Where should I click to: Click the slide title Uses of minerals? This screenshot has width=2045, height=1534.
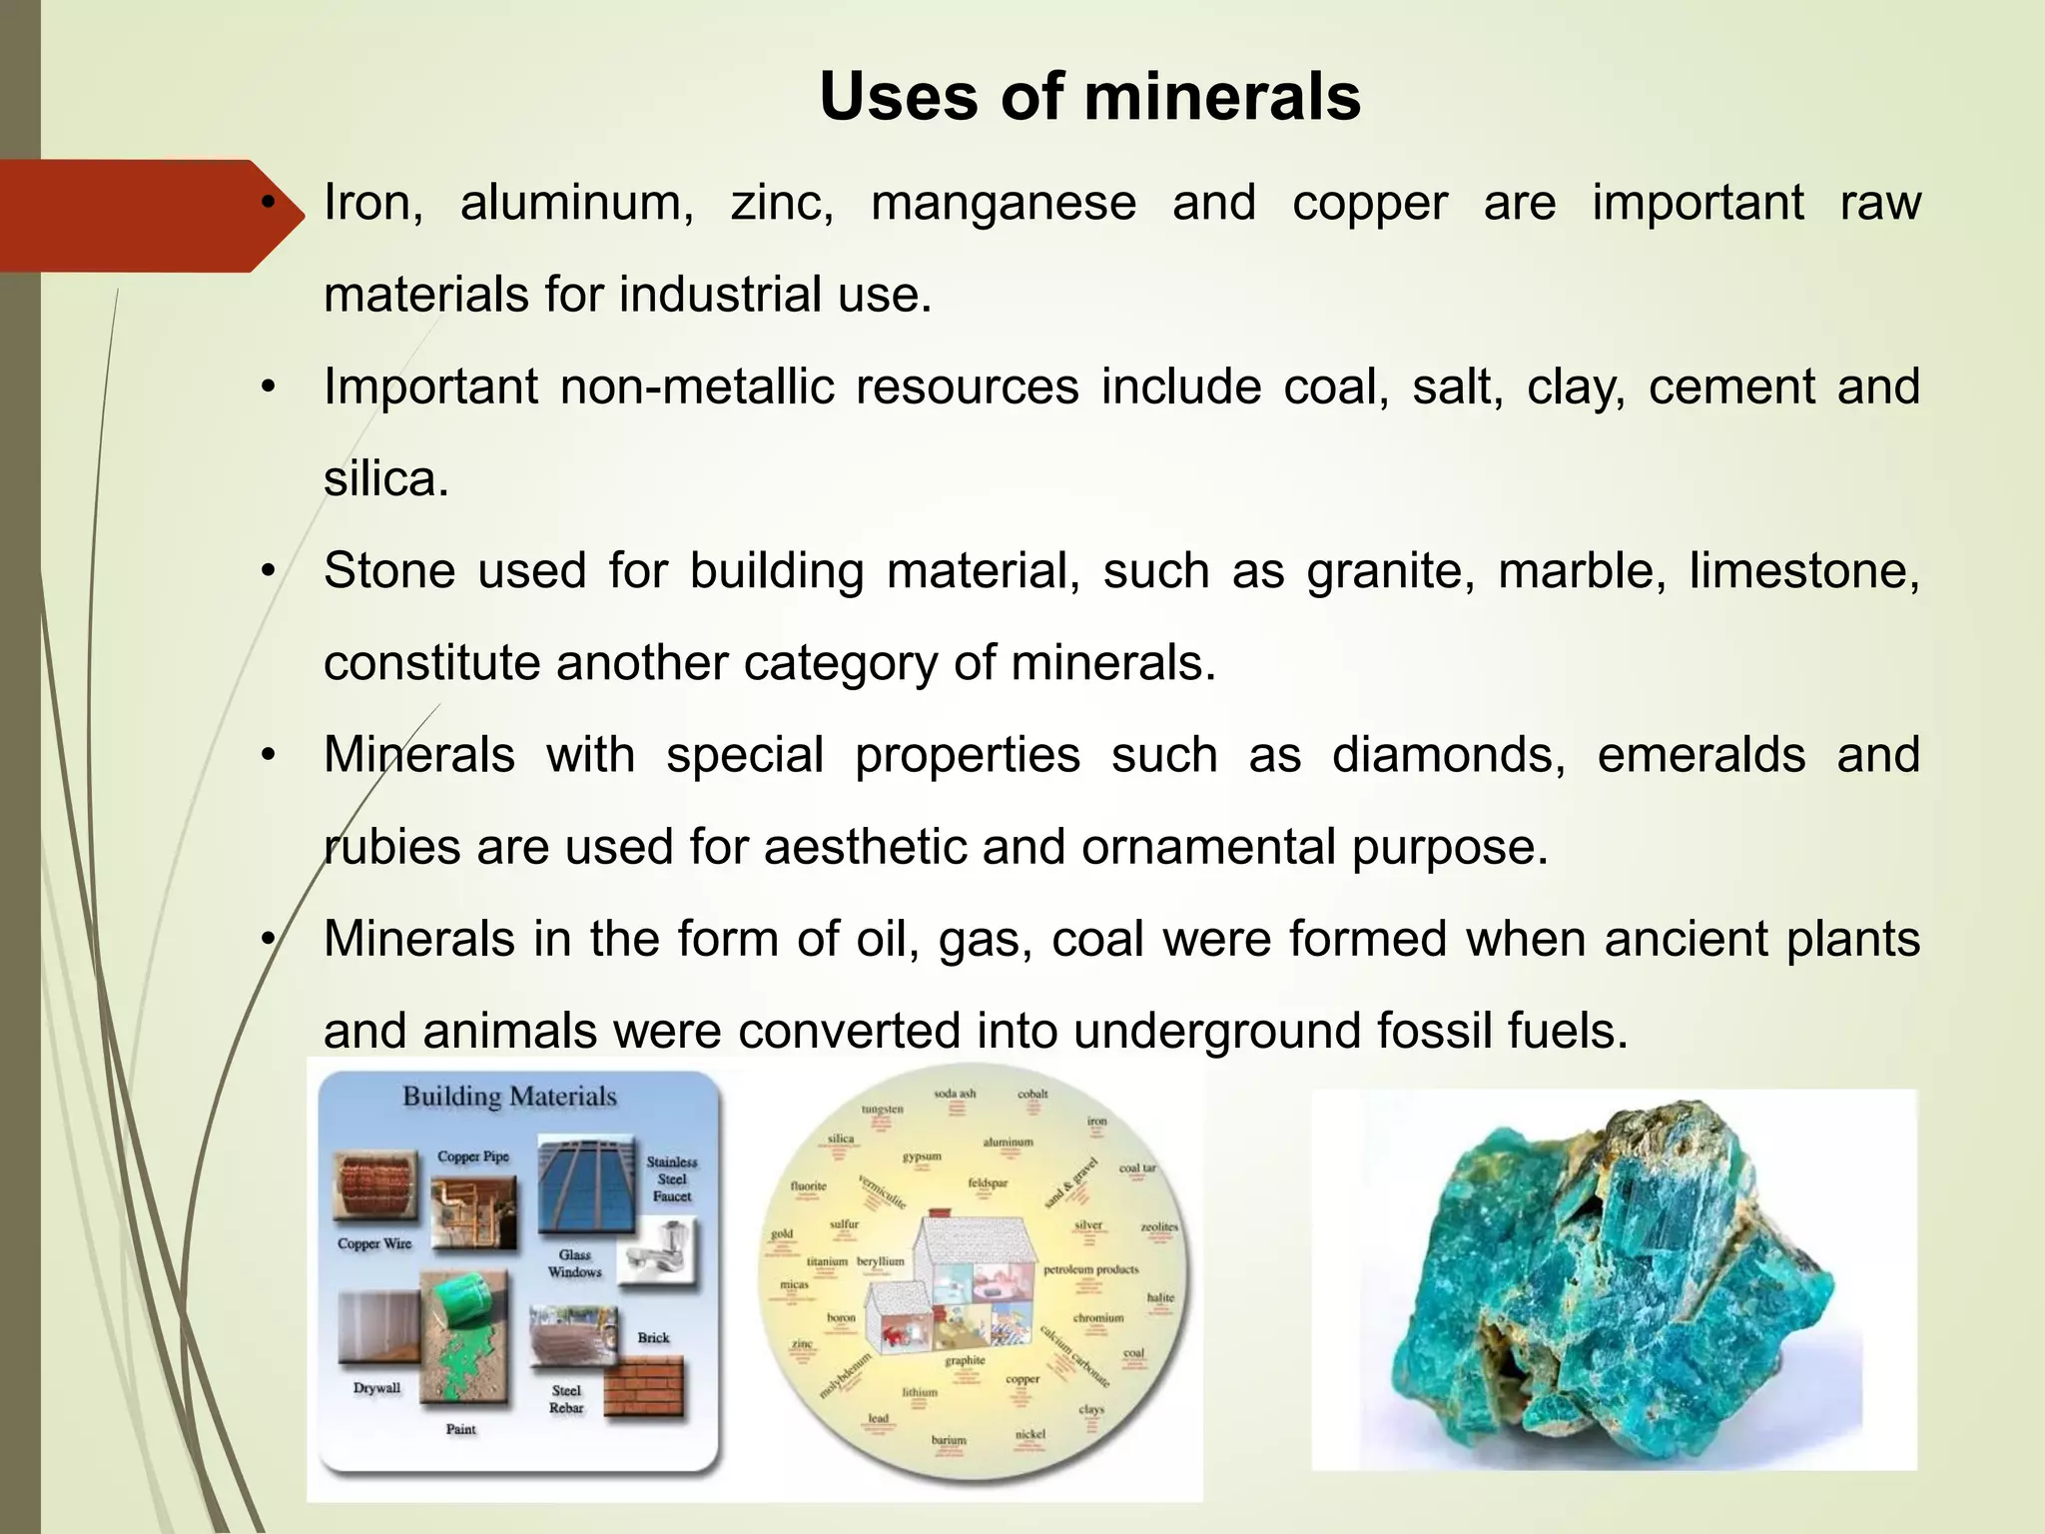[1089, 97]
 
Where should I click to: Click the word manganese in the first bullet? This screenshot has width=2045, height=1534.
[1003, 203]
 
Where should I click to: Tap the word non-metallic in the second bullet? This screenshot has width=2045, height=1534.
[696, 386]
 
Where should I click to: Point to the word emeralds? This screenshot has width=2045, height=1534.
[1701, 755]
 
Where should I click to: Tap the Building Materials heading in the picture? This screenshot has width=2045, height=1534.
[509, 1097]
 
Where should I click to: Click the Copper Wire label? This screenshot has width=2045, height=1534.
[374, 1243]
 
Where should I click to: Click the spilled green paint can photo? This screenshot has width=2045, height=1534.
[463, 1338]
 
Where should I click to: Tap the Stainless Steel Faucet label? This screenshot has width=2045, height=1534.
[672, 1178]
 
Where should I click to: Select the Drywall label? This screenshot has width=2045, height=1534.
[376, 1388]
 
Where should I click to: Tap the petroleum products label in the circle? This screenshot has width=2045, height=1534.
[1090, 1269]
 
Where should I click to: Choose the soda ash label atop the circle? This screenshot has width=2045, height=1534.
[954, 1094]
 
